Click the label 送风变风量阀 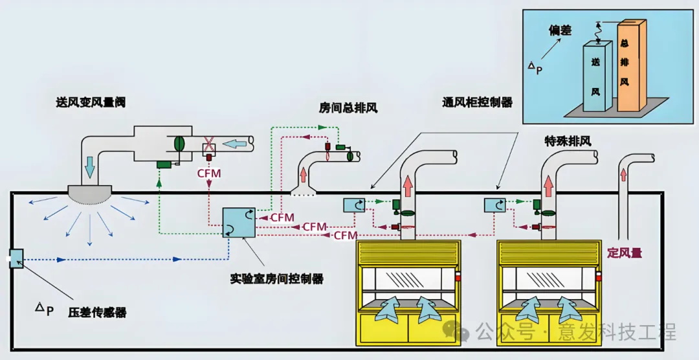[x=90, y=102]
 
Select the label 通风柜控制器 [x=478, y=102]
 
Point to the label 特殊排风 [x=568, y=141]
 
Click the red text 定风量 [x=625, y=253]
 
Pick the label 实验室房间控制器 [x=277, y=279]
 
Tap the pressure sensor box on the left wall [x=17, y=258]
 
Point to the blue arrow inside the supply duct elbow [x=89, y=170]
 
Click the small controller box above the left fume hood [x=354, y=205]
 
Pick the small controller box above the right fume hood [x=494, y=205]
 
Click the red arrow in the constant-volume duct [x=624, y=174]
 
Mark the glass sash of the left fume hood [x=408, y=280]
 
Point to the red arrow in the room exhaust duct [x=304, y=175]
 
